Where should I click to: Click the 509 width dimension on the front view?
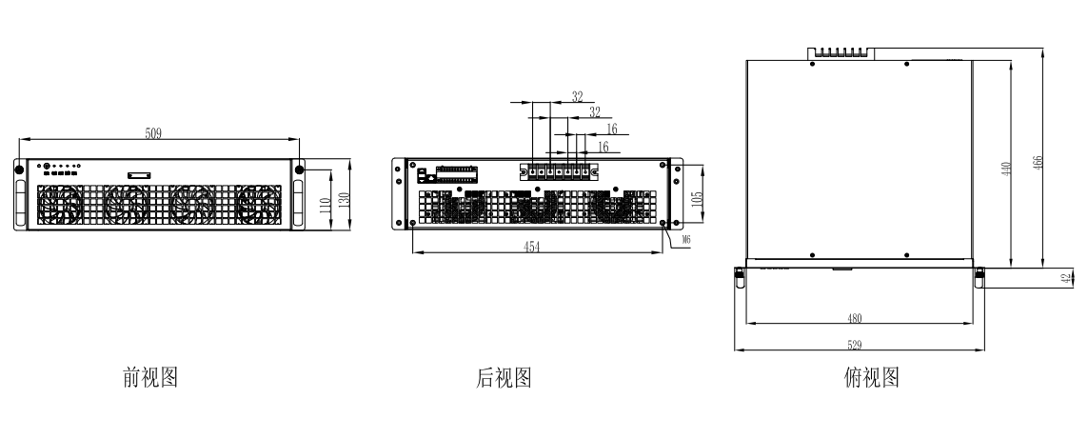(x=153, y=133)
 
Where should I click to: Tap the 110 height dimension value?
(x=325, y=206)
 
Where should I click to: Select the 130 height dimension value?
(x=343, y=199)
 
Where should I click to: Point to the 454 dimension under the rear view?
(x=531, y=247)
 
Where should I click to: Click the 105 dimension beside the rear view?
(x=698, y=197)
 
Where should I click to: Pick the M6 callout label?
(x=686, y=240)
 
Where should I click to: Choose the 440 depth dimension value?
(x=1006, y=169)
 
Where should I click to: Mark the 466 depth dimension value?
(x=1039, y=163)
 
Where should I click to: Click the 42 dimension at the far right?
(x=1066, y=279)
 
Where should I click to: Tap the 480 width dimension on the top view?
(x=854, y=318)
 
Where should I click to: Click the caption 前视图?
(x=150, y=377)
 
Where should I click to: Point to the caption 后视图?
(x=504, y=377)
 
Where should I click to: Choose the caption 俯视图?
(x=872, y=377)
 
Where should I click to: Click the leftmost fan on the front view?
(x=60, y=206)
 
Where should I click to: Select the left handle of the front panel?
(x=20, y=203)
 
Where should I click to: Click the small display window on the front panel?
(x=139, y=176)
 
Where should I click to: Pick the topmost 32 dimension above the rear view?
(x=577, y=96)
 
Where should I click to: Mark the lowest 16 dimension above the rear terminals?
(x=603, y=147)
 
